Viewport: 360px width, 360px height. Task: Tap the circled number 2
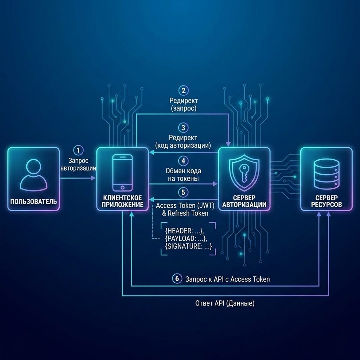(x=183, y=90)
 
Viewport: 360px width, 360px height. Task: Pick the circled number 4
(x=183, y=161)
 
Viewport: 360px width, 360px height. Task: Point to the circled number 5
(x=183, y=192)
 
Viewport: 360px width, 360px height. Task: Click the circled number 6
(x=177, y=279)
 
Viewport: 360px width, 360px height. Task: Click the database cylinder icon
(x=326, y=173)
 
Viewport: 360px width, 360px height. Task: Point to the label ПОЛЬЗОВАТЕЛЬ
(x=33, y=202)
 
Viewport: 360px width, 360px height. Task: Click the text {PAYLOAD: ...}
(x=186, y=238)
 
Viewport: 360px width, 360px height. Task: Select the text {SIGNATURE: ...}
(x=188, y=246)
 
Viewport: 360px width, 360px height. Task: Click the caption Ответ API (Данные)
(x=225, y=303)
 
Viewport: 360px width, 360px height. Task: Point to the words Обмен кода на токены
(x=183, y=175)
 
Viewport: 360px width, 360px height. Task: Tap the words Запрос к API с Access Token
(x=227, y=279)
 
